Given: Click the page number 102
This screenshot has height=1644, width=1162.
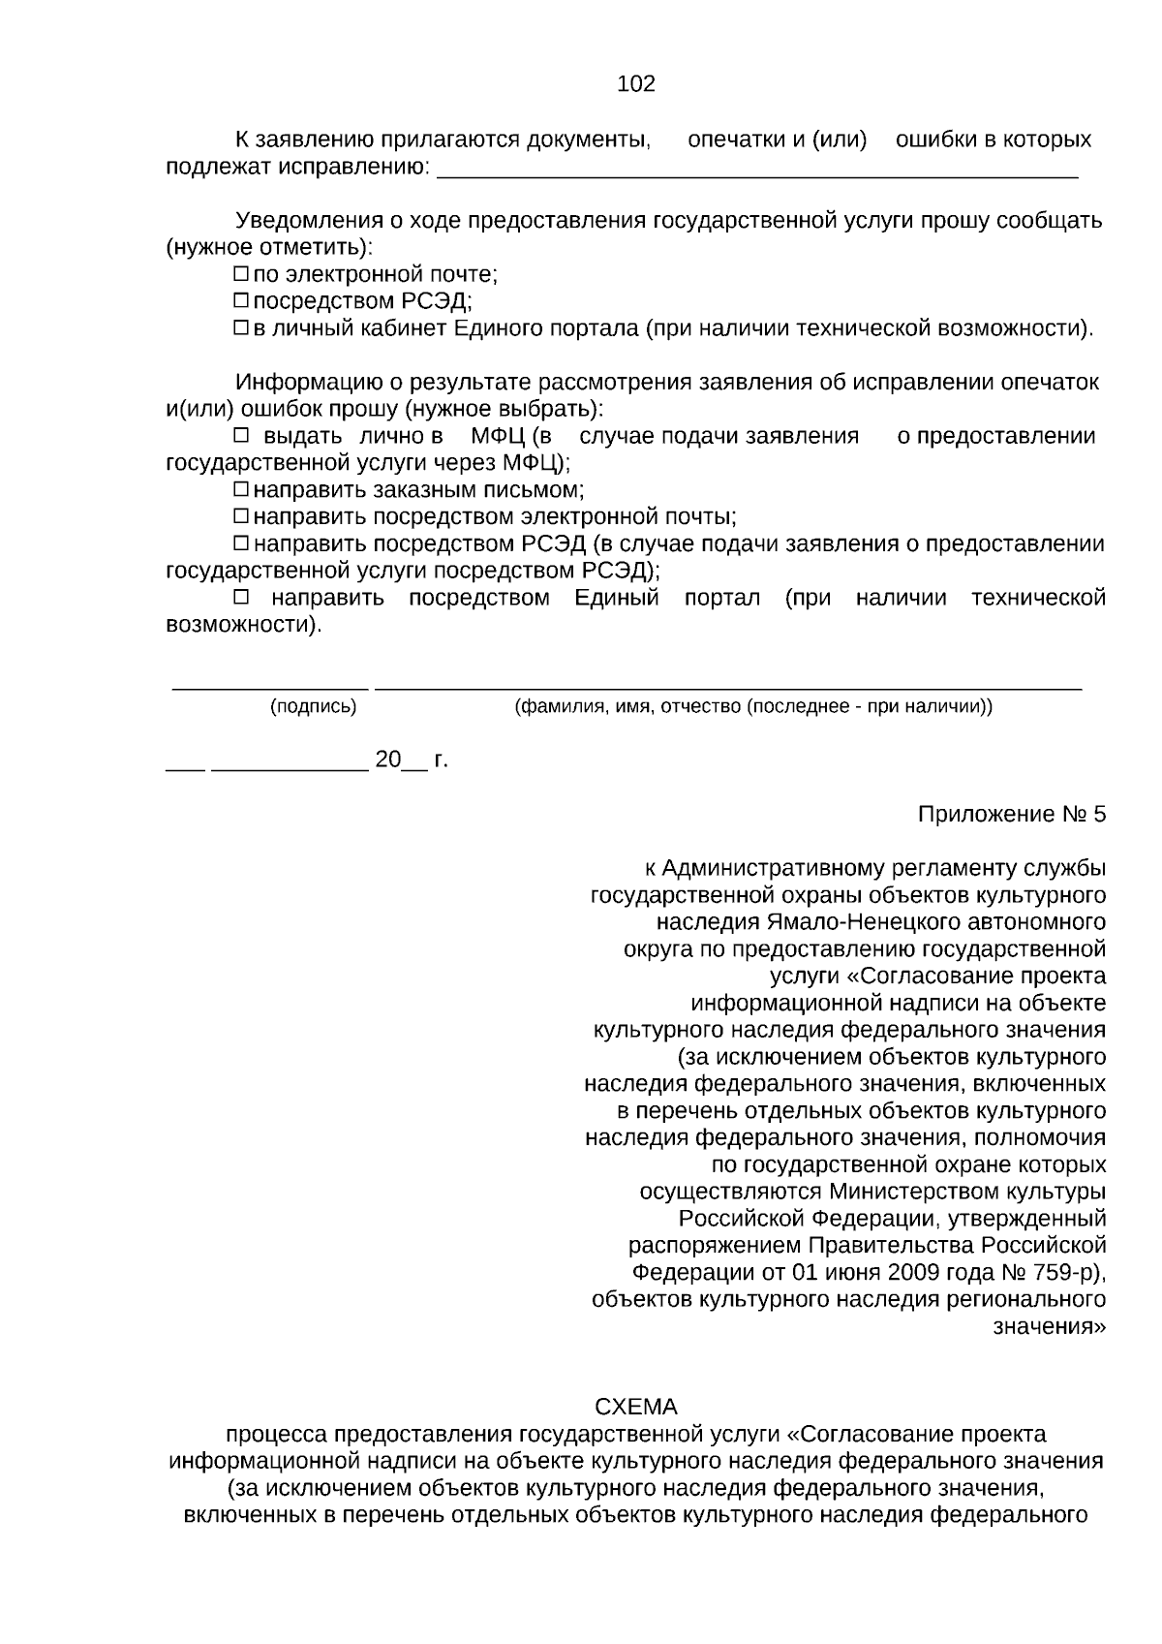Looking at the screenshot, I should pos(636,84).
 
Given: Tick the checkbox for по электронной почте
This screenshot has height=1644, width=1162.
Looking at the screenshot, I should pos(242,275).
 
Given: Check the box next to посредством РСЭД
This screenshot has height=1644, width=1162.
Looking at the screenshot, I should pos(242,302).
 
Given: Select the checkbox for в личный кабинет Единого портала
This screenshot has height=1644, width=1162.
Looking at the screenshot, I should pos(242,329).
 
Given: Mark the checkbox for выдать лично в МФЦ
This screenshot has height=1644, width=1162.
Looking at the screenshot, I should pos(242,436).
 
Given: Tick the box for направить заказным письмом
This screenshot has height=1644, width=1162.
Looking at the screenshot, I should pos(242,490).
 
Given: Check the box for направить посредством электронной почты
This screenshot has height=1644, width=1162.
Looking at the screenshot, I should pos(242,517).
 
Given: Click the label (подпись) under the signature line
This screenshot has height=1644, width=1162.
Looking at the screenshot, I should pos(313,707).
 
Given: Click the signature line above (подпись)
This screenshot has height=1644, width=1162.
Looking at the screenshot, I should pos(270,688).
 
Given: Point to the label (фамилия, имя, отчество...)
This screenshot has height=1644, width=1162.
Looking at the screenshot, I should pos(752,707).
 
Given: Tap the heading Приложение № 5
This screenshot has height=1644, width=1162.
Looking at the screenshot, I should pos(1011,814).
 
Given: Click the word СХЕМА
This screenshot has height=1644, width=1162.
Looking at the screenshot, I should pos(635,1407).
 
